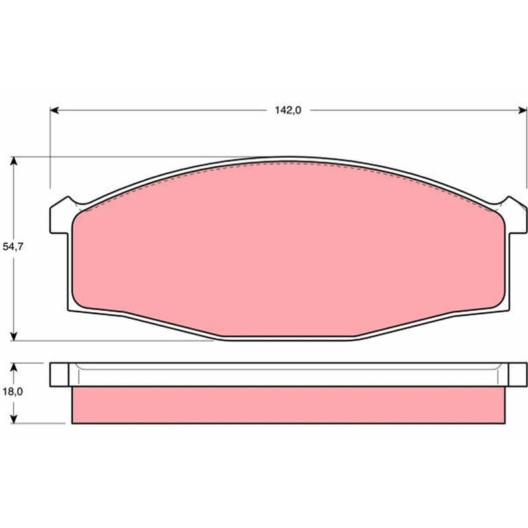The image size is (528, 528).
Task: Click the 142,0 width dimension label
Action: tap(288, 110)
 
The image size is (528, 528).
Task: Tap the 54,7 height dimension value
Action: tap(13, 246)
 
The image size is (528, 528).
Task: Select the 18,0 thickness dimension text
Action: tap(13, 391)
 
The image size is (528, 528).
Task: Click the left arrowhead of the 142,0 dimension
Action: tap(55, 110)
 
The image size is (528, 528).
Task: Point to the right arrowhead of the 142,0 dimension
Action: tap(522, 110)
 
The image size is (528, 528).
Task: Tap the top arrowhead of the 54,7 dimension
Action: tap(13, 161)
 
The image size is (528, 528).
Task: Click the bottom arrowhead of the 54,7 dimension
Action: tap(13, 336)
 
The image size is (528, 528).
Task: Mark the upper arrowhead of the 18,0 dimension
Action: tap(13, 368)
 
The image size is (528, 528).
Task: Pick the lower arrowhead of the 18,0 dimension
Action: tap(13, 418)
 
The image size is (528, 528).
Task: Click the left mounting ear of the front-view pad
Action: tap(61, 216)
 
